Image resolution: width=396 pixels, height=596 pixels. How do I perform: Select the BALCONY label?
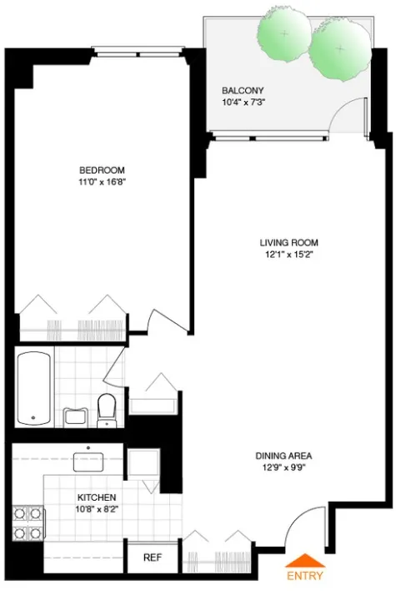pyautogui.click(x=243, y=91)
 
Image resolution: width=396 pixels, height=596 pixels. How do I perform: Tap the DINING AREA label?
pyautogui.click(x=283, y=456)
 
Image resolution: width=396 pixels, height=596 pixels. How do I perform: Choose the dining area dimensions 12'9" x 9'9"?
pyautogui.click(x=283, y=467)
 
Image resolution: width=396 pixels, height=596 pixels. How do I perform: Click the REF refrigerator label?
pyautogui.click(x=152, y=558)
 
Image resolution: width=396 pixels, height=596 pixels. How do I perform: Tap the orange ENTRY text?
pyautogui.click(x=304, y=576)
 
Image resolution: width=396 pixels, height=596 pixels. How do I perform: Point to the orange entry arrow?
pyautogui.click(x=304, y=561)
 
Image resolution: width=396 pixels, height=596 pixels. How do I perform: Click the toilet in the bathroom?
pyautogui.click(x=106, y=409)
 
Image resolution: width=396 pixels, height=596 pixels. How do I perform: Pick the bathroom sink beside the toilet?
pyautogui.click(x=76, y=416)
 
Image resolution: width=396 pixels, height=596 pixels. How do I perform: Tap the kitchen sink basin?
pyautogui.click(x=87, y=460)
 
